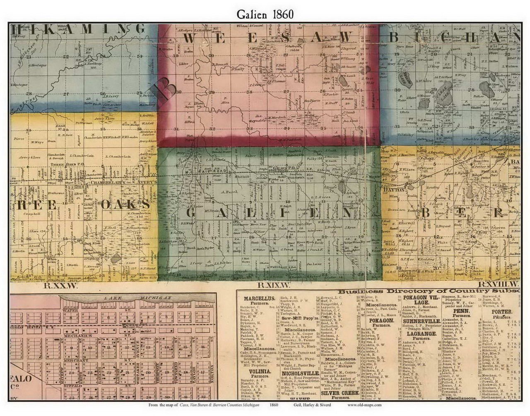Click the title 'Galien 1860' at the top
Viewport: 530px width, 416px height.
[265, 13]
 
